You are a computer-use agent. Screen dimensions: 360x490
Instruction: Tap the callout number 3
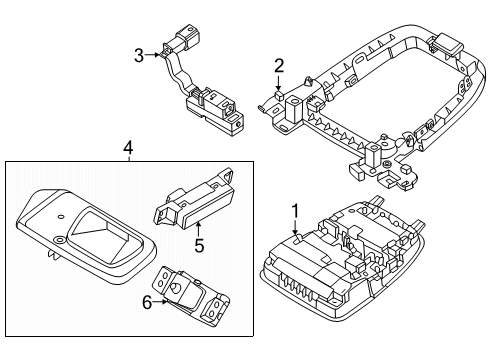(x=141, y=55)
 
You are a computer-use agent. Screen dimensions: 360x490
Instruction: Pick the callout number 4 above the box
(x=127, y=149)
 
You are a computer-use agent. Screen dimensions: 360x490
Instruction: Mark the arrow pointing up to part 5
(x=198, y=226)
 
